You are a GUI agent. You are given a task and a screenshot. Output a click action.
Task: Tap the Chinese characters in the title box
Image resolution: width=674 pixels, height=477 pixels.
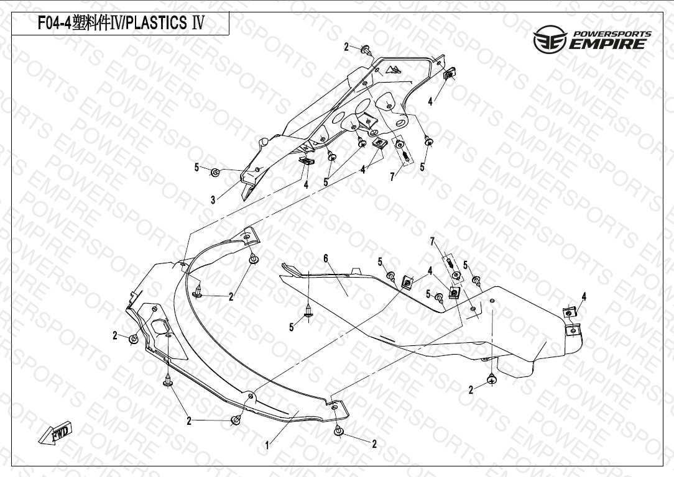[90, 24]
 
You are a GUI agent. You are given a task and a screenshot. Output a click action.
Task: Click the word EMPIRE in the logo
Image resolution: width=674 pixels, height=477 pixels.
[609, 44]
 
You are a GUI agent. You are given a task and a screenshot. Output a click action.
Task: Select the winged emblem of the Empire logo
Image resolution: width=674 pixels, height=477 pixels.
[550, 42]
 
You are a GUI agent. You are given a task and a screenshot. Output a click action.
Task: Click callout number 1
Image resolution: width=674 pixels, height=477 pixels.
[267, 445]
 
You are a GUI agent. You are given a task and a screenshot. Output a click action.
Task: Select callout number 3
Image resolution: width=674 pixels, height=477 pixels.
[213, 200]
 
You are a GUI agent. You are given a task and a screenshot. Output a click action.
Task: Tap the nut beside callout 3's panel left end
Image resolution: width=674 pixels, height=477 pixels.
[215, 172]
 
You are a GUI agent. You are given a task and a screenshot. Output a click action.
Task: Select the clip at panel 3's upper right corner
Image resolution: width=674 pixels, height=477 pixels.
[451, 74]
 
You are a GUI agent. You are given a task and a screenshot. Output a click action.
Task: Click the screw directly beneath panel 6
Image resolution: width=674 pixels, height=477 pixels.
[491, 378]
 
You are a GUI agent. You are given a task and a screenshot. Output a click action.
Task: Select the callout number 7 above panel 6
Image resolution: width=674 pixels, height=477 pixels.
[432, 241]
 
